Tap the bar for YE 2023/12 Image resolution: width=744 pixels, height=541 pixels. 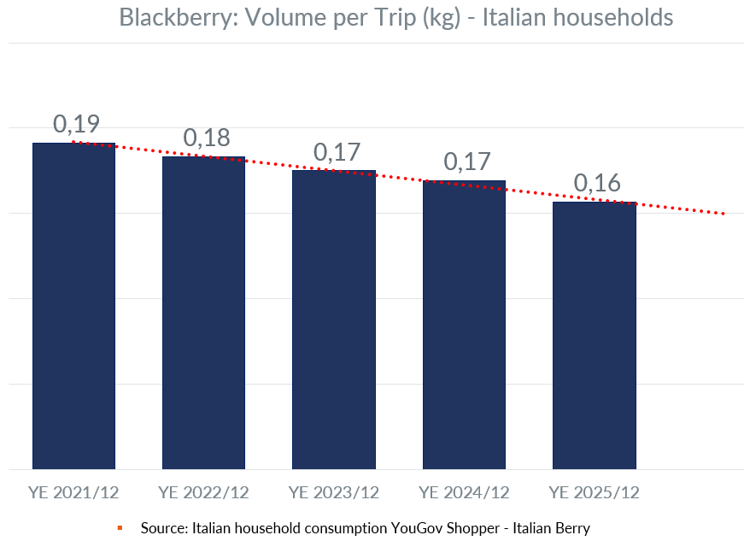coord(334,320)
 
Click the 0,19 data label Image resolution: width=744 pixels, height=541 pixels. coord(75,124)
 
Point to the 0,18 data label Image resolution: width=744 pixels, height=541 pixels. coord(206,138)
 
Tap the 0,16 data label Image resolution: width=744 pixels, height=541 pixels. coord(596,183)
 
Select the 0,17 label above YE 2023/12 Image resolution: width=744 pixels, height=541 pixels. coord(336,151)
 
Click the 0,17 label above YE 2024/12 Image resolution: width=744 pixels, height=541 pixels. coord(466,162)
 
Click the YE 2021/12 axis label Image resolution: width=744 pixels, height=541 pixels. coord(73,493)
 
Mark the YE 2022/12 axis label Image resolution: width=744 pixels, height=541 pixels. coord(203,493)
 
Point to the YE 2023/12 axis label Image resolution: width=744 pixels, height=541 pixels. coord(334,493)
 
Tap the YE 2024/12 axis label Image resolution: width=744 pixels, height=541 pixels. coord(464,493)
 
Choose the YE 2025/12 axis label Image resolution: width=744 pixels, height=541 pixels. coord(595,493)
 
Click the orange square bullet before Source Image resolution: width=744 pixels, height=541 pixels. coord(120,528)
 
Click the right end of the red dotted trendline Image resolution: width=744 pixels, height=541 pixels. coord(723,214)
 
